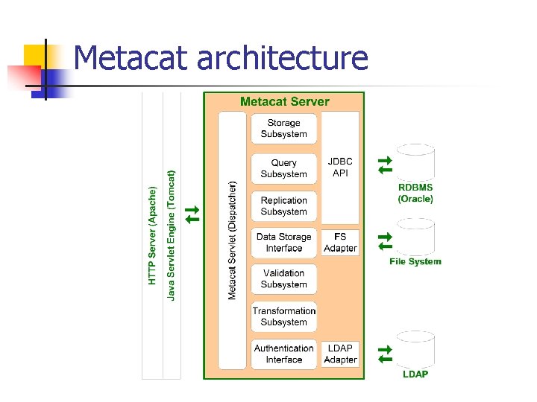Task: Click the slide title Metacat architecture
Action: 222,58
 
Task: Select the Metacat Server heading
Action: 284,101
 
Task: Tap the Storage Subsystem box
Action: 283,129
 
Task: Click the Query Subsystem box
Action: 283,168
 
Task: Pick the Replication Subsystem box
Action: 283,206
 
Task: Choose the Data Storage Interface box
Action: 283,243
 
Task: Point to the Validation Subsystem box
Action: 283,279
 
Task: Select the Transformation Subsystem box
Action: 283,316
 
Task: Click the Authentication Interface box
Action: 283,354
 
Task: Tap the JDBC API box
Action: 340,167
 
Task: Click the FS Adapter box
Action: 340,243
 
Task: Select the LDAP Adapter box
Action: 340,354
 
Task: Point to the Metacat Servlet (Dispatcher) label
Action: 232,240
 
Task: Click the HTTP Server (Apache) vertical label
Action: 152,235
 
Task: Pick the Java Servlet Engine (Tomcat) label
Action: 172,235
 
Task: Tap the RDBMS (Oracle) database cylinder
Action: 415,162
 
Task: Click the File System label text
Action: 415,261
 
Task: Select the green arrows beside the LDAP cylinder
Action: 384,354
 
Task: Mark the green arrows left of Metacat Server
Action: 192,214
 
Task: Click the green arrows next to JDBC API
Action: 384,165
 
